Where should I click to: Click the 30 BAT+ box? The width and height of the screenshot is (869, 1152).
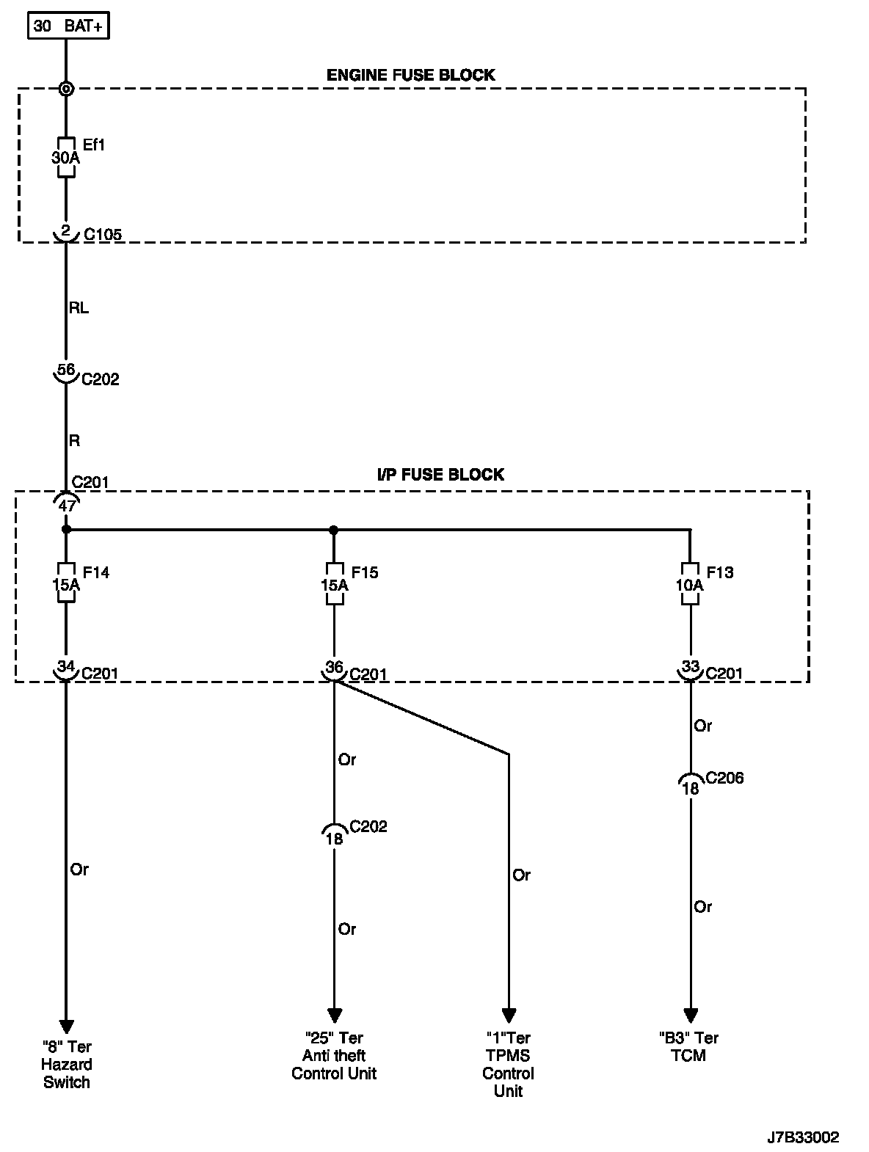pos(69,26)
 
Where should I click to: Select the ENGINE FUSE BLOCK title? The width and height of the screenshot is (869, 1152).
pos(410,75)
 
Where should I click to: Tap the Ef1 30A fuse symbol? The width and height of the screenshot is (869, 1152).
pos(66,156)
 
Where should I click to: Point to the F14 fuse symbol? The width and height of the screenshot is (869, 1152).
pos(66,583)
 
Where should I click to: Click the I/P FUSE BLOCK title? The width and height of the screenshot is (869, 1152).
pos(440,475)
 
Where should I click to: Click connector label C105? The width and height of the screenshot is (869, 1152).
pos(102,235)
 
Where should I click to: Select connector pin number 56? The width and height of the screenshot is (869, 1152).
pos(66,370)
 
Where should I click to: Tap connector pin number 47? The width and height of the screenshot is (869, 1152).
pos(67,505)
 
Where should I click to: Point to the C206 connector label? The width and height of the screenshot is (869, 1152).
pos(724,778)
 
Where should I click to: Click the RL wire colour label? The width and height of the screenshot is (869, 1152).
pos(79,308)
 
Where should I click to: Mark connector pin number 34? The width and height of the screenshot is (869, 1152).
pos(66,667)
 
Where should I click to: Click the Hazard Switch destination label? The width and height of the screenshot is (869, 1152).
pos(66,1065)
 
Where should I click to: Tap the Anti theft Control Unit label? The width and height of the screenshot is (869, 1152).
pos(334,1056)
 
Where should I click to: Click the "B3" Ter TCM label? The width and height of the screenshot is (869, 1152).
pos(688,1047)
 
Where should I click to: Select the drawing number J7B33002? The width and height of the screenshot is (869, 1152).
pos(802,1138)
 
